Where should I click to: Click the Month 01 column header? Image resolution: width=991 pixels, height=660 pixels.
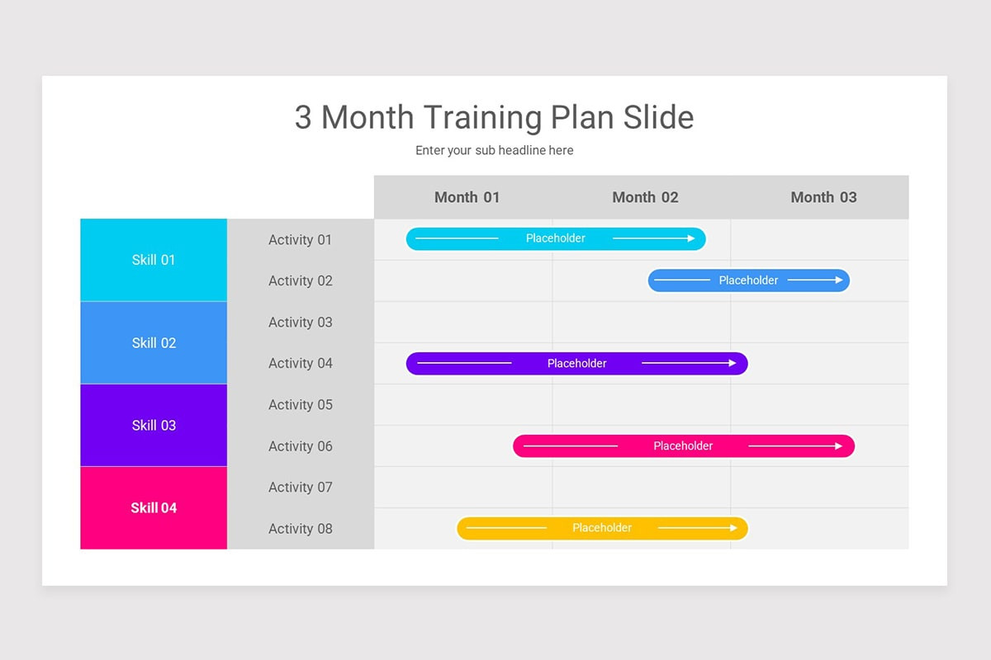coord(467,197)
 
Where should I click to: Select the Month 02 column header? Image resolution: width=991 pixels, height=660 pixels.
coord(645,197)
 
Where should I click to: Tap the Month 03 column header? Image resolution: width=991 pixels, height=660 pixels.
coord(823,197)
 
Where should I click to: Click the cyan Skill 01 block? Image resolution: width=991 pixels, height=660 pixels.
coord(154,260)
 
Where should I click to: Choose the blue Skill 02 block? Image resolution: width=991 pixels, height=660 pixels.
coord(154,342)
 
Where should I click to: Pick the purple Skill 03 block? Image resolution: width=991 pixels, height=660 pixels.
coord(154,425)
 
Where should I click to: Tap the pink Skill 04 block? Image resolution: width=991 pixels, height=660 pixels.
coord(154,507)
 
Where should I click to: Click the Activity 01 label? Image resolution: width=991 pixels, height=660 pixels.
coord(300,240)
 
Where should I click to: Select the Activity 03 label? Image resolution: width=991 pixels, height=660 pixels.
coord(300,323)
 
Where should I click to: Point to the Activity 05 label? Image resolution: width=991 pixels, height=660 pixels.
coord(300,405)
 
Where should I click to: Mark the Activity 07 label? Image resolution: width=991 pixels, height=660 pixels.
coord(300,488)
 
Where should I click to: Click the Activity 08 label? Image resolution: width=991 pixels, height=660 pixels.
coord(300,529)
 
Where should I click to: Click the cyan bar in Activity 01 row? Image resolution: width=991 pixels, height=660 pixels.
coord(556,238)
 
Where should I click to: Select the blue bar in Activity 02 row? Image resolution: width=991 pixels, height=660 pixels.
coord(748,280)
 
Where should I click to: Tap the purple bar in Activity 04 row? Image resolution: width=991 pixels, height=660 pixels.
coord(576,364)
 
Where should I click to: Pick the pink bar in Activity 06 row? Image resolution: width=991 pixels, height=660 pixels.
coord(683,446)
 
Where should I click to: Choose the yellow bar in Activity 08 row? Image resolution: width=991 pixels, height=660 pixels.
coord(602,528)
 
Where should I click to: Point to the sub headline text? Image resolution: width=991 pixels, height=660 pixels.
coord(494,150)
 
